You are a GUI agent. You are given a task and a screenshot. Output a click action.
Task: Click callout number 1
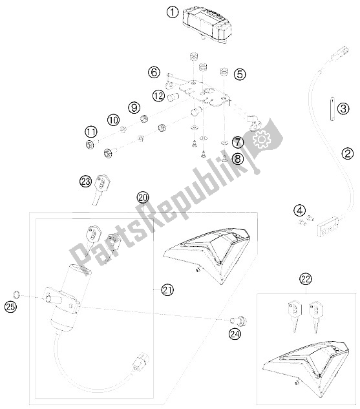coord(173,12)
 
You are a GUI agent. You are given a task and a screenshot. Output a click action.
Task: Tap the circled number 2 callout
coord(348,153)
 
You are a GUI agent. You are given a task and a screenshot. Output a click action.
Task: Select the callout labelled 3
coord(344,109)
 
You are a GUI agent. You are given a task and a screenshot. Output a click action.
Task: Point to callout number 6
coord(154,72)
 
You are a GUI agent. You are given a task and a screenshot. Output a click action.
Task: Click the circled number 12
coord(158,96)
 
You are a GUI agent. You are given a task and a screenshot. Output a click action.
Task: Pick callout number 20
coord(143,198)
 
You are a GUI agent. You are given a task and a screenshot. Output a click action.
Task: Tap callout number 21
coord(167,290)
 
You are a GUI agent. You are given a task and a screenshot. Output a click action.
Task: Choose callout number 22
coord(306,279)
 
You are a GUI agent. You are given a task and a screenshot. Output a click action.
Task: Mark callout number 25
coord(10,307)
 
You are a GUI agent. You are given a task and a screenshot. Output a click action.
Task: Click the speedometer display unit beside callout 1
coord(207,26)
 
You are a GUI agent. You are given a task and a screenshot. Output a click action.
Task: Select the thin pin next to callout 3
coord(333,109)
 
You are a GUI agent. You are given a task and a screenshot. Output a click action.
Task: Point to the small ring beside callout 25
coord(16,294)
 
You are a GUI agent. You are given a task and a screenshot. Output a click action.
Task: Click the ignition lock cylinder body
coord(67,300)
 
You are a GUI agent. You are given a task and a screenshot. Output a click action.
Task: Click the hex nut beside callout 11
coord(89,144)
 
